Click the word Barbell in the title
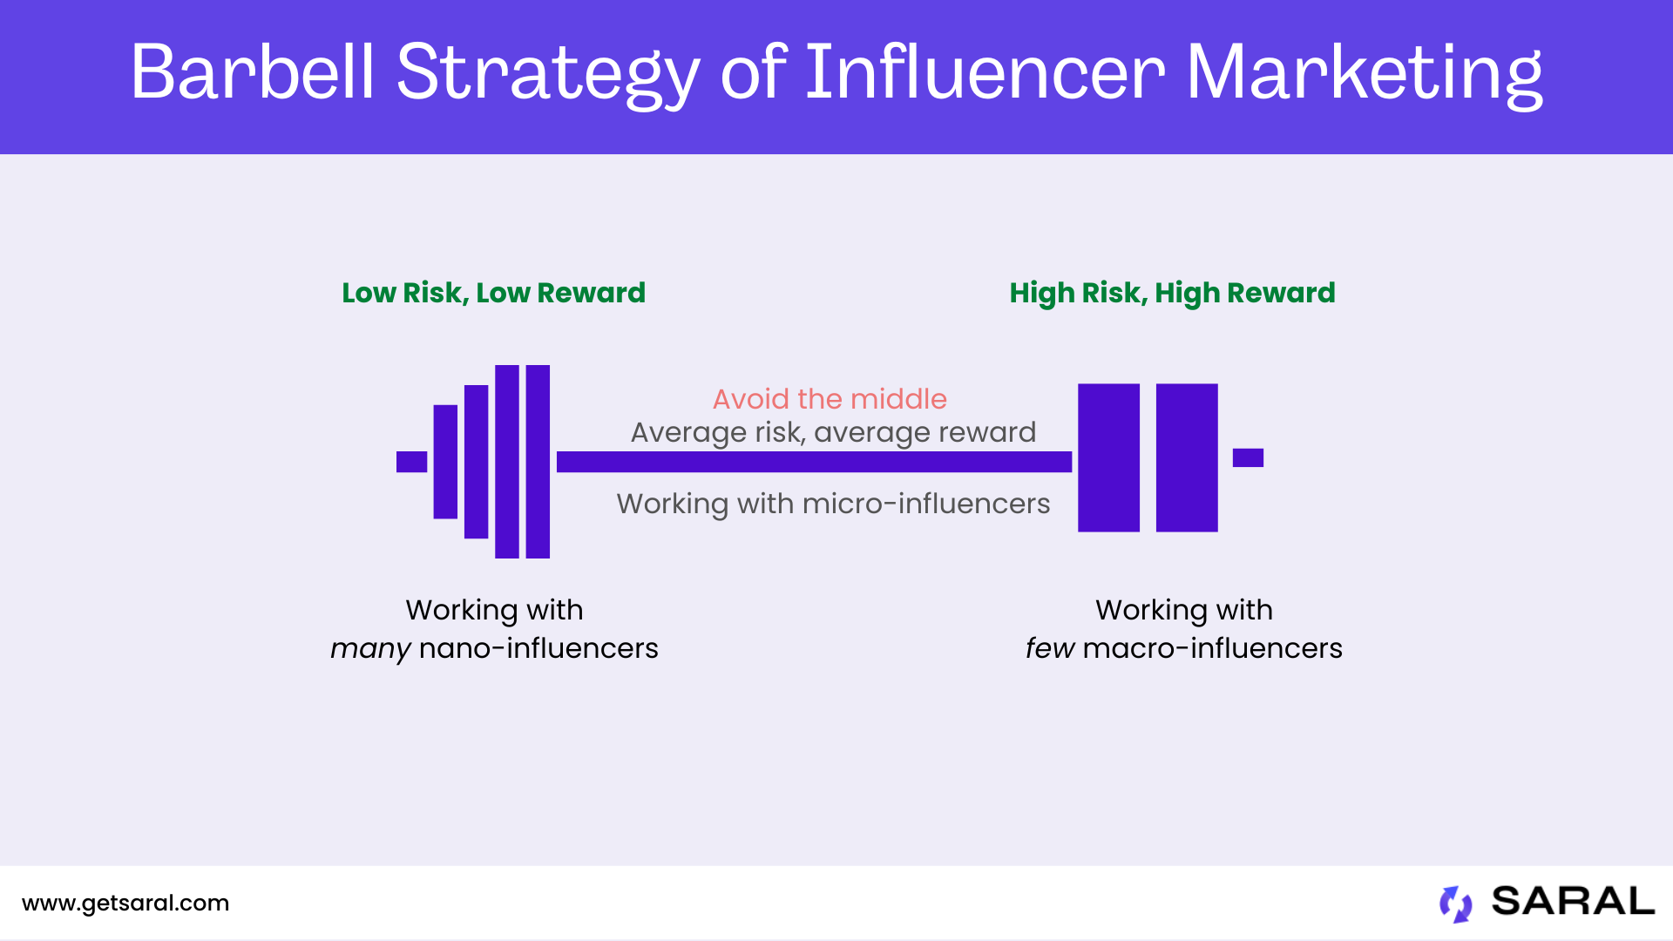point(253,73)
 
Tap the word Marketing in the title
point(1364,73)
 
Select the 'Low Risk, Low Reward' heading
point(493,293)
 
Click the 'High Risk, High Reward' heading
point(1172,293)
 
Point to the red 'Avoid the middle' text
point(830,399)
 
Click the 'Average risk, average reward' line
point(833,432)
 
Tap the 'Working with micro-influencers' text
point(833,504)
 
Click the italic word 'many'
point(370,649)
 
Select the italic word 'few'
point(1049,648)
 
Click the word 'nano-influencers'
point(538,648)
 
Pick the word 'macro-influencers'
point(1212,648)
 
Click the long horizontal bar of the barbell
point(814,462)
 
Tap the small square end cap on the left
point(411,462)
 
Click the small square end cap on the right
point(1248,457)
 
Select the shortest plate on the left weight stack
point(445,462)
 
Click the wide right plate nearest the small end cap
point(1187,457)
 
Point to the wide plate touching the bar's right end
point(1108,457)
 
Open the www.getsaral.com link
point(125,904)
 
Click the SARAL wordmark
point(1573,902)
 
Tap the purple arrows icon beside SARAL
point(1455,904)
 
